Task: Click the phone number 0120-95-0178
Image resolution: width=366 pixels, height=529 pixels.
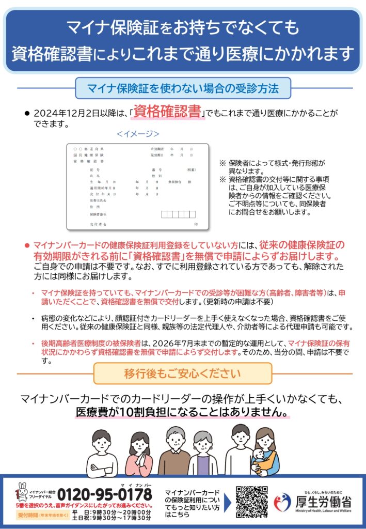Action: (x=106, y=494)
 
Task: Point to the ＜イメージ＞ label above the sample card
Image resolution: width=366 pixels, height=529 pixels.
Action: (x=138, y=134)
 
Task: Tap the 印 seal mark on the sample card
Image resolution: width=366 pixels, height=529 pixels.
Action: (x=196, y=225)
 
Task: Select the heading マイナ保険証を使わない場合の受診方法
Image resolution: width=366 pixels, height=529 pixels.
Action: (x=183, y=88)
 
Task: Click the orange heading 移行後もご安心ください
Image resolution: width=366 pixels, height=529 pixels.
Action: (x=183, y=374)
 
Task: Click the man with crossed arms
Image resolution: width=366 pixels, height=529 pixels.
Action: (x=102, y=453)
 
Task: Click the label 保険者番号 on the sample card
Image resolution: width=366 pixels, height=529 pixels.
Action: (x=98, y=214)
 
